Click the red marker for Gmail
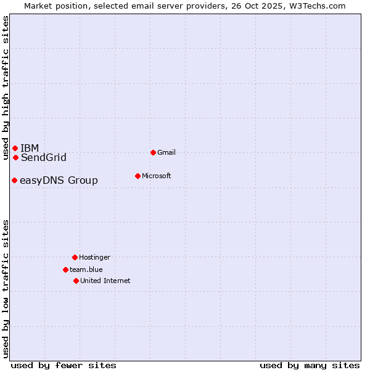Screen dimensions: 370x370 coord(153,152)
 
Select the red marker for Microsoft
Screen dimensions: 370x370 coord(138,176)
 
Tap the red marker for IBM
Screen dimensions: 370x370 coord(15,148)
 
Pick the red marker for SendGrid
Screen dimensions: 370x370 coord(15,157)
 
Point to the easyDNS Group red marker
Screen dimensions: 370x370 coord(14,180)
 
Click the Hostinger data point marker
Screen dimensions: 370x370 coord(75,257)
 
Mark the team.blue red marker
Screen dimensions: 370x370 coord(65,269)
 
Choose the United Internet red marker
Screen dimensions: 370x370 coord(76,281)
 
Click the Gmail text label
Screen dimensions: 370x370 coord(166,152)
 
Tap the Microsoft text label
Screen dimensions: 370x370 coord(157,176)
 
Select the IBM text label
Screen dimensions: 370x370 coord(30,148)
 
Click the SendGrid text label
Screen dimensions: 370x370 coord(44,157)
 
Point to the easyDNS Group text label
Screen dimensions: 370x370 coord(59,180)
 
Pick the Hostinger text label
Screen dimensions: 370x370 coord(94,257)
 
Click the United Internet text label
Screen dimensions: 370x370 coord(105,281)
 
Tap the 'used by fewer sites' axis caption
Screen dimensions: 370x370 coord(64,365)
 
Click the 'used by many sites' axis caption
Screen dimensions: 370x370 coord(310,365)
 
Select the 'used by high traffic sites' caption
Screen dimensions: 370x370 coord(6,88)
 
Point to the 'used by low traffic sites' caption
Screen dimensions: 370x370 coord(6,288)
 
